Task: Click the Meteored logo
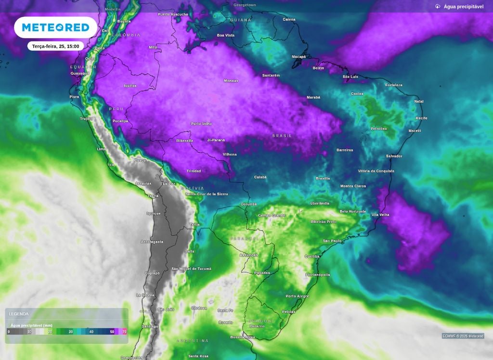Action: coord(56,27)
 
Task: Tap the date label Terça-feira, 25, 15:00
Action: coord(55,46)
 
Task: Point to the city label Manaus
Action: coord(231,80)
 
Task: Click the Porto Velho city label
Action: coord(201,124)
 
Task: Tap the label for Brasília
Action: coord(323,178)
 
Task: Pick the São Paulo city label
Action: coord(332,241)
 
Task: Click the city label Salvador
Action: coord(394,156)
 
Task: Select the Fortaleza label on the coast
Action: coord(393,85)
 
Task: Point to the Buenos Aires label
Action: coord(242,337)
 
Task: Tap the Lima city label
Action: coord(102,149)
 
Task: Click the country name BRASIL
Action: coord(282,136)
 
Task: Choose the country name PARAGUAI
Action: coord(245,239)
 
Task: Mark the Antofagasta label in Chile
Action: coord(152,242)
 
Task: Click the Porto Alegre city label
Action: coord(297,296)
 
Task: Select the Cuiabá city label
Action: coord(260,177)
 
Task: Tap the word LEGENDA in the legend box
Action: coord(19,314)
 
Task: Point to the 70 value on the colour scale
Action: coord(125,332)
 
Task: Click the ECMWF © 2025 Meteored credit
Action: coord(463,336)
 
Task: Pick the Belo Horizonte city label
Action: coord(353,211)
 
